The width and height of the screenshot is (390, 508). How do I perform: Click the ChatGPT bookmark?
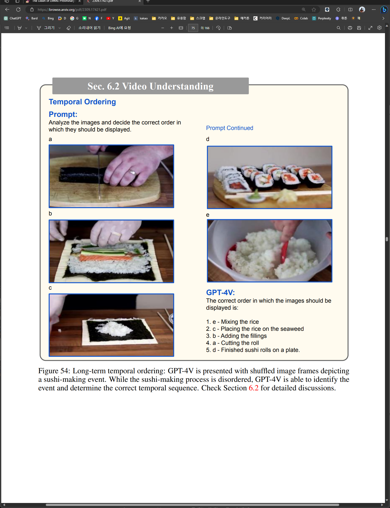point(13,18)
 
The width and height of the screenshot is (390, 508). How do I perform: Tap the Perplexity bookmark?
point(322,18)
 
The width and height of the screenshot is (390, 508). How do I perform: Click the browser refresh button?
point(18,10)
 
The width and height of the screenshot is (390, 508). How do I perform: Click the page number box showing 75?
point(193,28)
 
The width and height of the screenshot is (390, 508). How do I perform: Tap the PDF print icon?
point(350,28)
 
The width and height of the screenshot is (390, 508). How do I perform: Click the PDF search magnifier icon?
point(339,28)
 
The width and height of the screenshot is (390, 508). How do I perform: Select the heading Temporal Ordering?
point(82,102)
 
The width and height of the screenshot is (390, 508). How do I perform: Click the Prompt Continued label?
point(230,128)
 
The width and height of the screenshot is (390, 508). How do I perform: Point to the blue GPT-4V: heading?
point(221,292)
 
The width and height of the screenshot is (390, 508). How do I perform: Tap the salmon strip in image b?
point(106,258)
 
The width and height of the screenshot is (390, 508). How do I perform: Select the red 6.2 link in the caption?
point(253,388)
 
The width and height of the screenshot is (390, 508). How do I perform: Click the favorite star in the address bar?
point(314,10)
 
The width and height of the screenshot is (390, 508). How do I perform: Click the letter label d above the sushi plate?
point(208,139)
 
